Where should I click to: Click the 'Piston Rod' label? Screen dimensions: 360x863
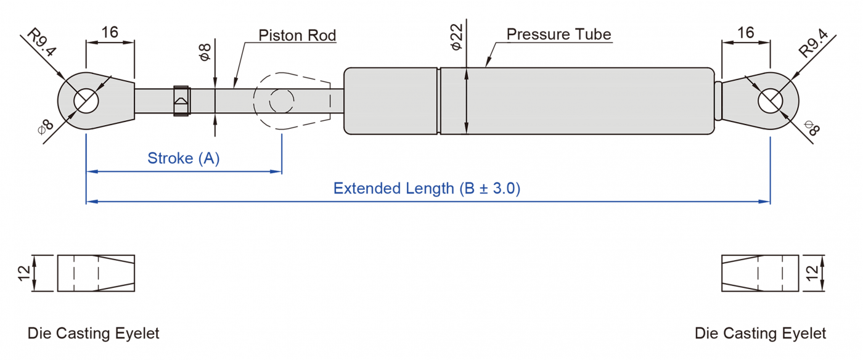[297, 35]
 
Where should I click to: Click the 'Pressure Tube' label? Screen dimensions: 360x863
[558, 34]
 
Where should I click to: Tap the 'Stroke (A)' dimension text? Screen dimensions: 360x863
[184, 158]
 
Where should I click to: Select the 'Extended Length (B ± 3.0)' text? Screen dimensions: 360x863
[427, 188]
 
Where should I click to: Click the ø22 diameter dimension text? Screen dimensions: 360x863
[457, 38]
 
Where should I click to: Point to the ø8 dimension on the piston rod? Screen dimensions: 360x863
[205, 51]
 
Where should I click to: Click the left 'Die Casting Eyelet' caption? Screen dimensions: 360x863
[93, 333]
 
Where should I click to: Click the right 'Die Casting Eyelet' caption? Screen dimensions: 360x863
[760, 333]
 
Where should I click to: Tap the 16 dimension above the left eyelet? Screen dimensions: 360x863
[110, 32]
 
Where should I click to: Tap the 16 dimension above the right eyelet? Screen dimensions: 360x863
[745, 32]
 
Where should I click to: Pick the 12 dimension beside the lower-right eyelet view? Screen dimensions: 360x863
[812, 272]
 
